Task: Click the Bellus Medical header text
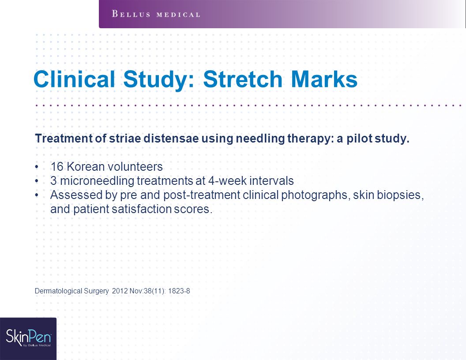point(156,14)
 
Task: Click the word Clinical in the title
point(74,79)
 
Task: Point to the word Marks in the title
point(324,79)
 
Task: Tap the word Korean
point(86,167)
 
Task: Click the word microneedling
point(97,181)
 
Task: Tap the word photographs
point(316,195)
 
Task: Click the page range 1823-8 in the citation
point(179,291)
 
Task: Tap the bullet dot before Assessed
point(37,195)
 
